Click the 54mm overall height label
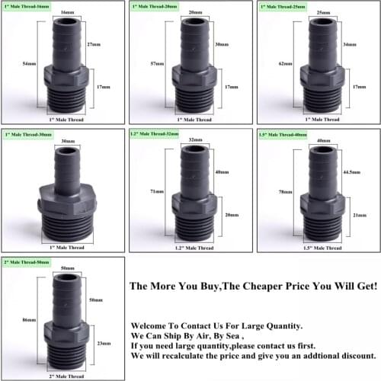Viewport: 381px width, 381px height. [29, 63]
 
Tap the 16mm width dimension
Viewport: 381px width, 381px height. [67, 13]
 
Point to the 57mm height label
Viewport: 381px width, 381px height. [157, 63]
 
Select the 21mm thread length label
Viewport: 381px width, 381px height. [349, 216]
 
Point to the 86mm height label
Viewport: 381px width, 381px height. [29, 320]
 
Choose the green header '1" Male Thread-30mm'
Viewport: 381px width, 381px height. [26, 134]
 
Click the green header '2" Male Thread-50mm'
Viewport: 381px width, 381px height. [26, 261]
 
